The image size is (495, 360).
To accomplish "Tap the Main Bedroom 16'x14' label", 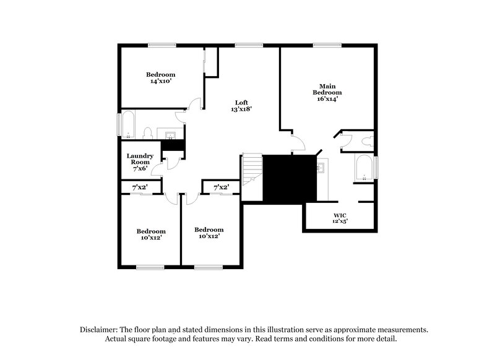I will pyautogui.click(x=327, y=92).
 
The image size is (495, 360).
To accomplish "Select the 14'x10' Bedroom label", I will pyautogui.click(x=160, y=77).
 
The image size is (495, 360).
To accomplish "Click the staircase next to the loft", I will pyautogui.click(x=251, y=177).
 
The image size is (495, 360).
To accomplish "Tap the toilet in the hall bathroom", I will pyautogui.click(x=148, y=132).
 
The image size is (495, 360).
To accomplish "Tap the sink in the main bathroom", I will pyautogui.click(x=321, y=167).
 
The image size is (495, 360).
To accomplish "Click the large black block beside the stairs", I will pyautogui.click(x=290, y=178).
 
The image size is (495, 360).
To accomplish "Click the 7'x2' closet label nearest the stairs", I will pyautogui.click(x=221, y=187).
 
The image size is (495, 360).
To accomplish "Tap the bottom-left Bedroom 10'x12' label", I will pyautogui.click(x=151, y=234).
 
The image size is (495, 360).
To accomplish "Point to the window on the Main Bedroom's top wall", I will pyautogui.click(x=322, y=44).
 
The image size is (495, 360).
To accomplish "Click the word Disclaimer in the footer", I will pyautogui.click(x=101, y=330).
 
